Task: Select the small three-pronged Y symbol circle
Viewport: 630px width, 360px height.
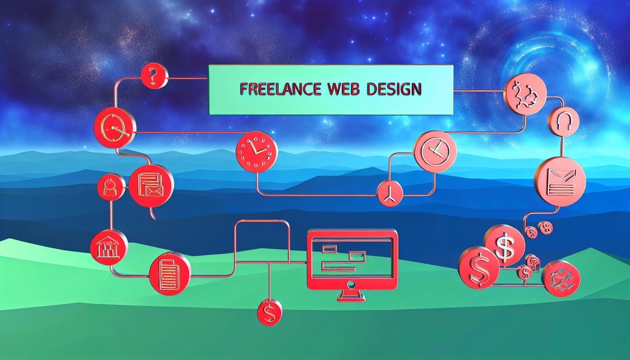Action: point(389,194)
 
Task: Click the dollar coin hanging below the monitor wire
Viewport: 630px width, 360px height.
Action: point(270,313)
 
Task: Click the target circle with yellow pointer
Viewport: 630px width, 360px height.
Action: point(114,127)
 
